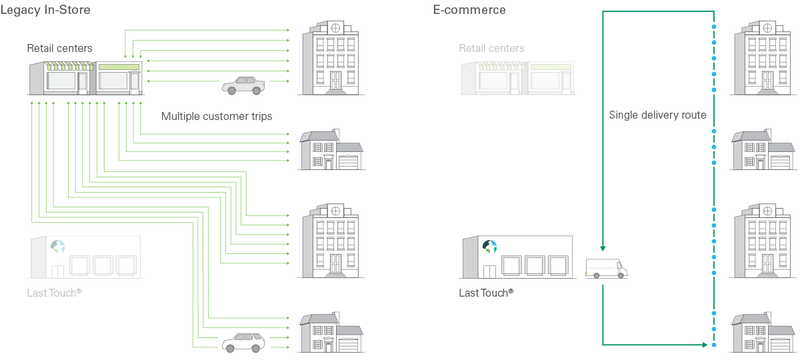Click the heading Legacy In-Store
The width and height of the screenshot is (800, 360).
45,10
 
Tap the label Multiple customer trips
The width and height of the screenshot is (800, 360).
217,117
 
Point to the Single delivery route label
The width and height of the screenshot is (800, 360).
657,115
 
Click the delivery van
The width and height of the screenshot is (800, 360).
606,268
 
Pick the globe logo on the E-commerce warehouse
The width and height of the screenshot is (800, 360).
490,247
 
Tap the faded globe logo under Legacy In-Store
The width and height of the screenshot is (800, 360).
58,247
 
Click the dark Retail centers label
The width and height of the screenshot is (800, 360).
59,48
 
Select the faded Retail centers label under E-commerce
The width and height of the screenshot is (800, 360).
491,48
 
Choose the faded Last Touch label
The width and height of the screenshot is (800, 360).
54,293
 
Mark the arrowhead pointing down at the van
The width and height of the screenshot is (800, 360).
603,249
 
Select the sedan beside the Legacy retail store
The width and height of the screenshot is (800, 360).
243,85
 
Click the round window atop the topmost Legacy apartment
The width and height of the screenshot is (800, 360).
336,28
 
